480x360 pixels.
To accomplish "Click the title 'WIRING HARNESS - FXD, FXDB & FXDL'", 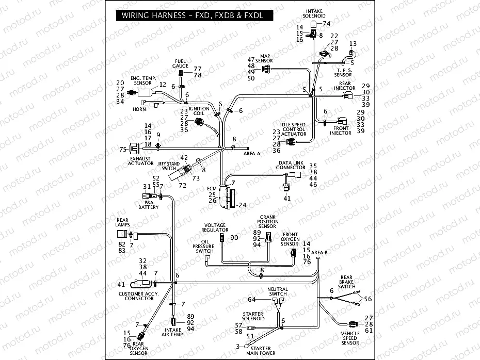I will coord(193,15).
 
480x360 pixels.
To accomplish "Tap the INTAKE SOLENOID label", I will coord(314,13).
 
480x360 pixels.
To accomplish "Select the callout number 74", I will coord(326,24).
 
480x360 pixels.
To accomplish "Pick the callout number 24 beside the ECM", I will coord(243,205).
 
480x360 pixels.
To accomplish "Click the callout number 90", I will coord(234,237).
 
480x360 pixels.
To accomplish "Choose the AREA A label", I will coord(252,153).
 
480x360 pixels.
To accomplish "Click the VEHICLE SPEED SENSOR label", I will coord(350,338).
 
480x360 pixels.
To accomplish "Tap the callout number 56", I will coord(367,299).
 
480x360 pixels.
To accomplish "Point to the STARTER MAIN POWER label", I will coord(261,351).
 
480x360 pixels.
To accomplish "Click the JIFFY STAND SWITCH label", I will coord(169,166).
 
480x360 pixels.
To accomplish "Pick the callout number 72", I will coord(182,185).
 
